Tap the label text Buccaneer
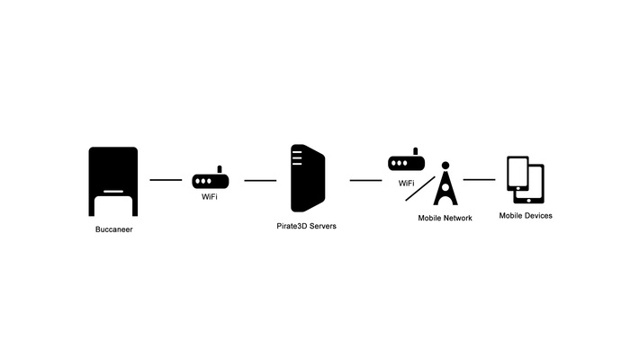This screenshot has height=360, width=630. pos(113,230)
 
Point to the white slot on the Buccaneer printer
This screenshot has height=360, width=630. pos(113,191)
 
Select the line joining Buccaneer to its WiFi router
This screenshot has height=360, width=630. pos(166,180)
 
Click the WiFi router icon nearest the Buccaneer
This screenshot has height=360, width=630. pos(211,180)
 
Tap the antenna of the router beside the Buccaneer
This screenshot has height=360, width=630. pos(220,168)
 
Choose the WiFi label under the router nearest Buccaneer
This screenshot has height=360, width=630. pos(211,196)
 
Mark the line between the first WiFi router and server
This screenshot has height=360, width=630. pos(260,180)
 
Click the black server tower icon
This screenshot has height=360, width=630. pos(307,178)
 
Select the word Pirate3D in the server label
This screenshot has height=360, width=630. pos(292,226)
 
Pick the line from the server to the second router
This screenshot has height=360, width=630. pos(365,180)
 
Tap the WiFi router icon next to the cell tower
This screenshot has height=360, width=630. pos(406,163)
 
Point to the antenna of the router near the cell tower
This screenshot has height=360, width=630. pos(415,151)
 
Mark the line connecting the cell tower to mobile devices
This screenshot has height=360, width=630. pos(480,179)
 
